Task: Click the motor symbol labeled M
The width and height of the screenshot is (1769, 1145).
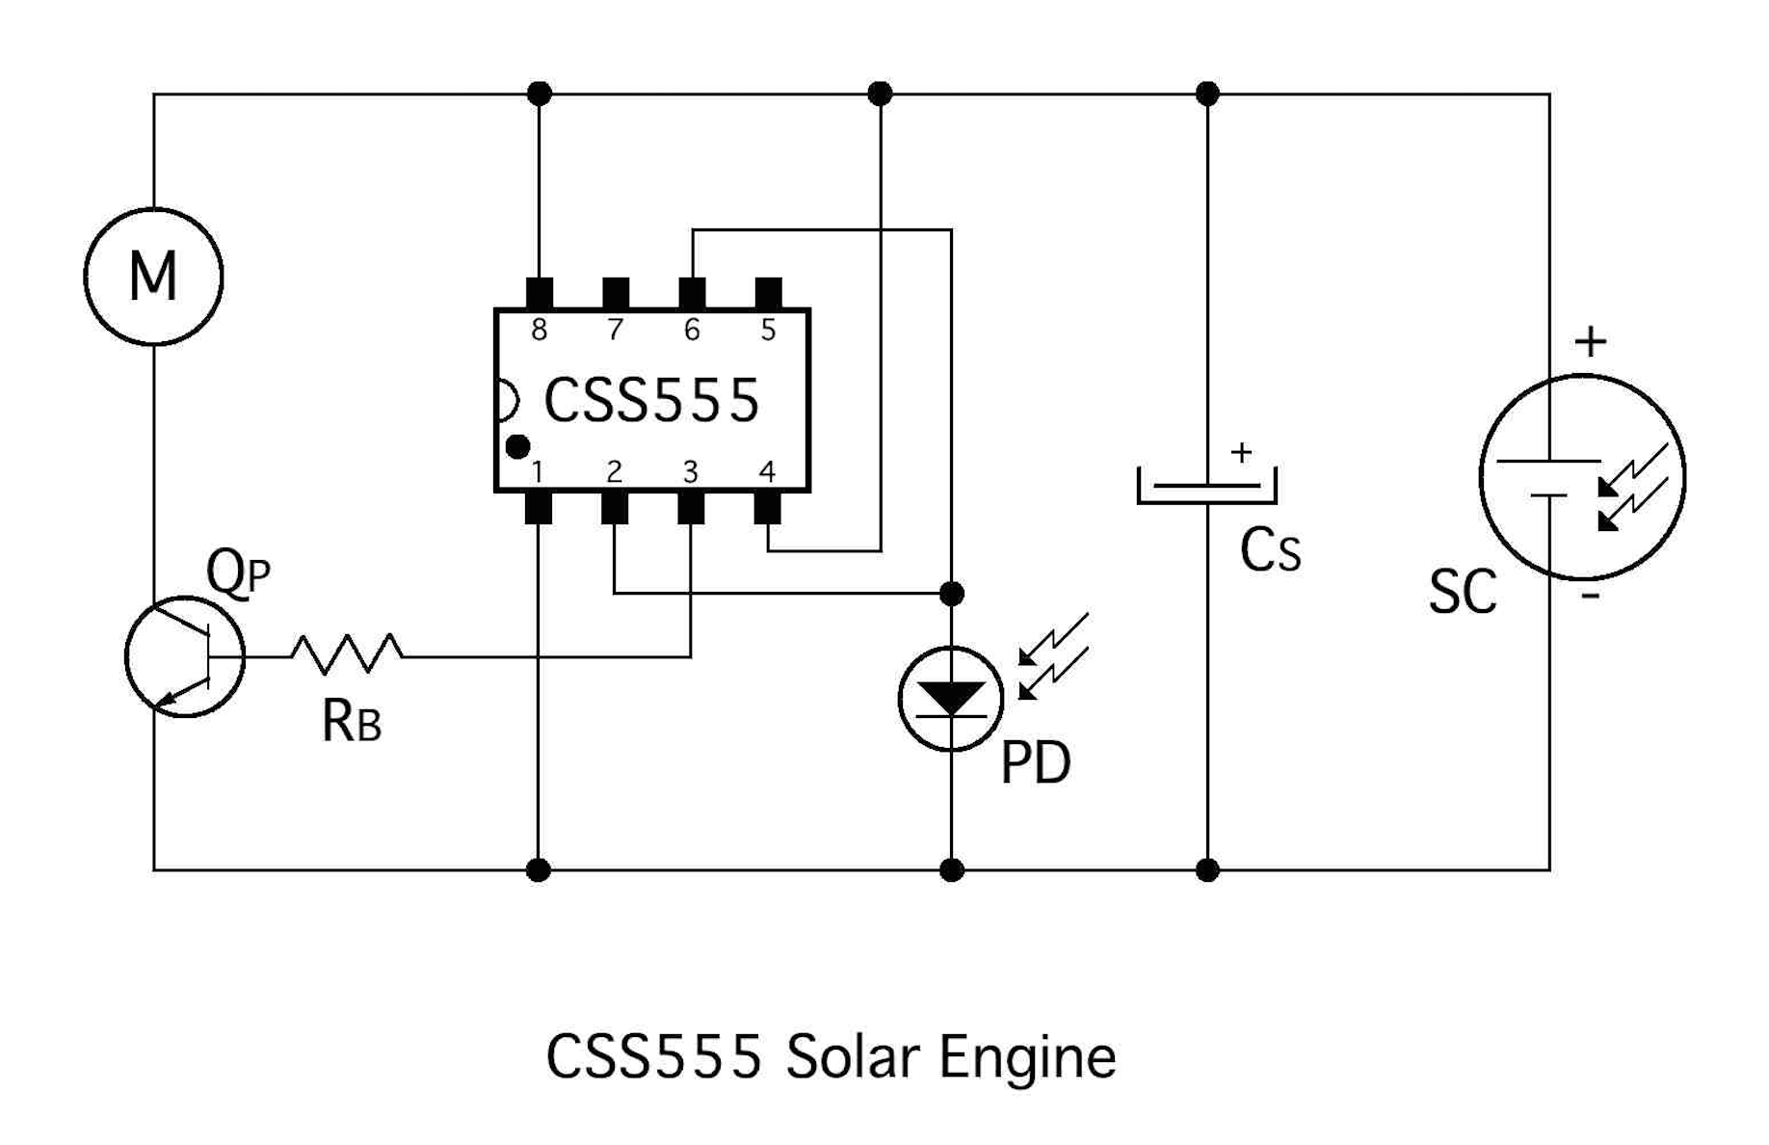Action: point(153,277)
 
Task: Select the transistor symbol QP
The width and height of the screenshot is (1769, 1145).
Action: point(184,657)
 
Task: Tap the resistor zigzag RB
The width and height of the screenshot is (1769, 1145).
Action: point(347,653)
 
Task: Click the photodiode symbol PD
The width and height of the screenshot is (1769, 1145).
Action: point(951,699)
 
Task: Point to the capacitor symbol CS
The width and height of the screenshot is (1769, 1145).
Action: point(1206,486)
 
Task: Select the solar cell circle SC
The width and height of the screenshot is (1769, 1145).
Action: point(1581,477)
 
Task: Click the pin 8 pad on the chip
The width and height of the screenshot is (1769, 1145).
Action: point(540,294)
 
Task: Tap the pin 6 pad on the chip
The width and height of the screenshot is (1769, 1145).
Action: point(692,294)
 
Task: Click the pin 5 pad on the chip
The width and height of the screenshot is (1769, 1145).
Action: point(768,294)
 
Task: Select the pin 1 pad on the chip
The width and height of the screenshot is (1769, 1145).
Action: point(538,507)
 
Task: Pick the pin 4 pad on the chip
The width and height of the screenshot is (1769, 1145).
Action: point(767,507)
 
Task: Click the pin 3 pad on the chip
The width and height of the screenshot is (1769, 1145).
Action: point(691,507)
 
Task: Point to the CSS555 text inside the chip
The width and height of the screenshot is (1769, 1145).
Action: point(651,400)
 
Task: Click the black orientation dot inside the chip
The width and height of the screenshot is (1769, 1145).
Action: point(517,446)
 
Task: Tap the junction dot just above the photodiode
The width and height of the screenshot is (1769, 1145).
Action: point(951,594)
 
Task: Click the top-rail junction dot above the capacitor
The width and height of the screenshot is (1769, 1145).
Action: point(1207,93)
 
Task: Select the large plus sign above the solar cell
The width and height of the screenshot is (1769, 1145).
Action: point(1591,342)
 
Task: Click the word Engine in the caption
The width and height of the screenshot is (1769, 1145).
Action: point(1027,1058)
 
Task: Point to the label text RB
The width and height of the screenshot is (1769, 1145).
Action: point(352,721)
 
